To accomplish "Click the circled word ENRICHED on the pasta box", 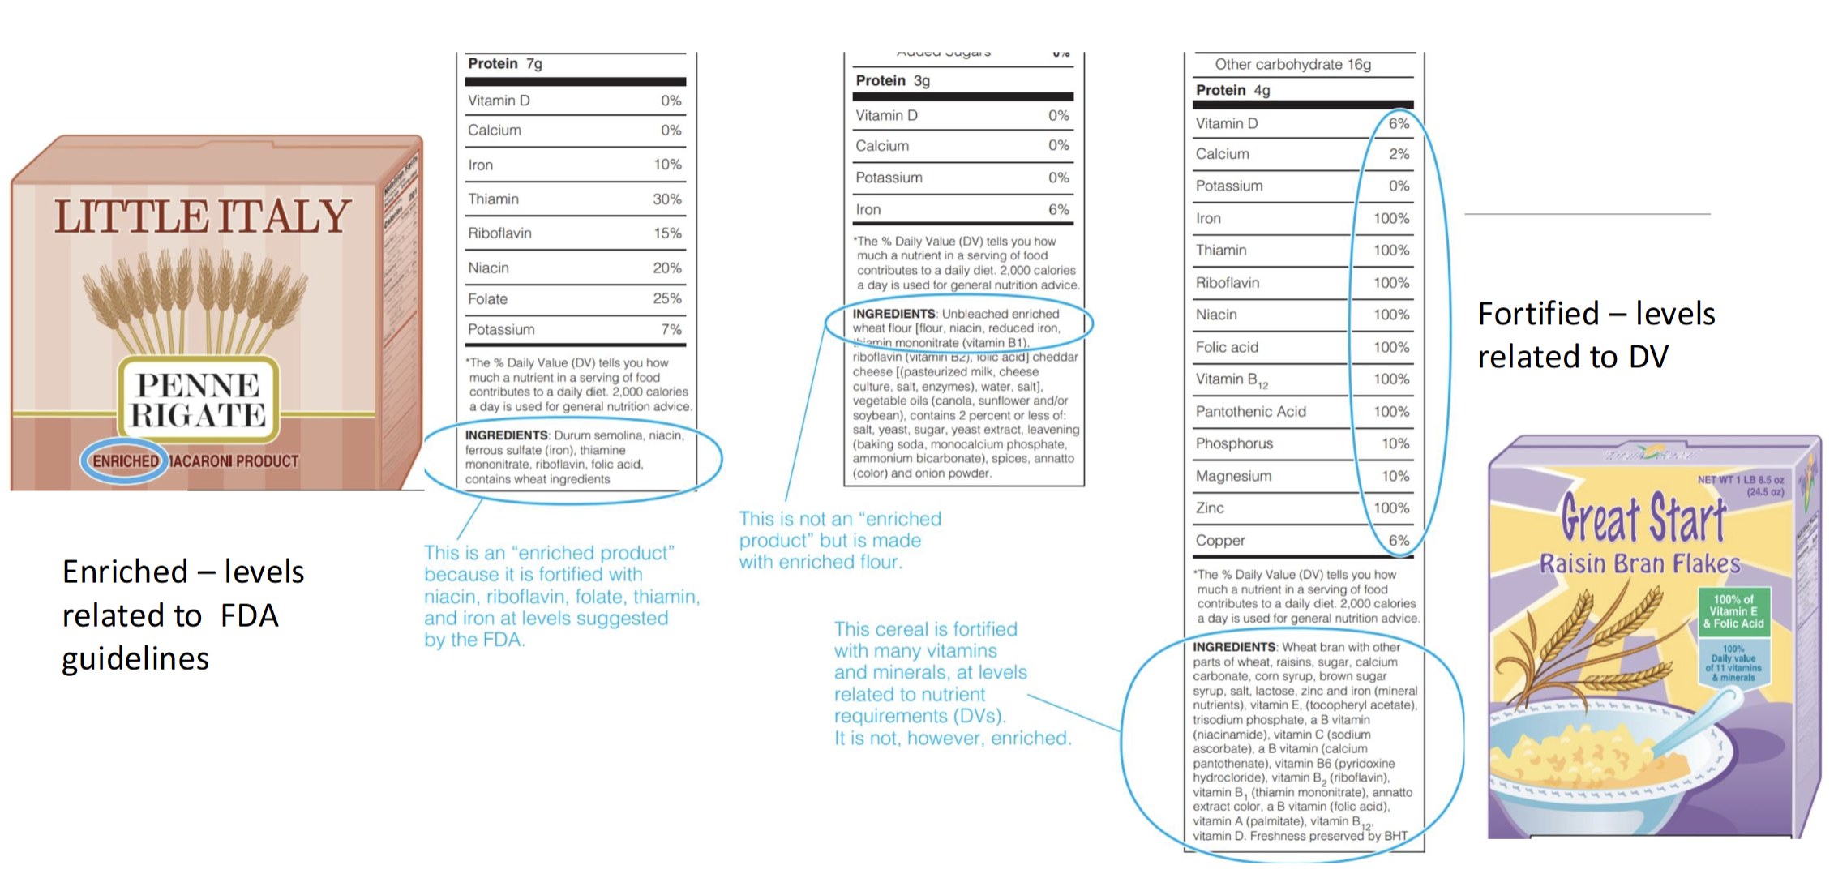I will pyautogui.click(x=125, y=461).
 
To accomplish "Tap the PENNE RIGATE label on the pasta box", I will pyautogui.click(x=198, y=400).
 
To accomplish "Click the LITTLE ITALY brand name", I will pyautogui.click(x=202, y=217).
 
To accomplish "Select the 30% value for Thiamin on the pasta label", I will pyautogui.click(x=666, y=199).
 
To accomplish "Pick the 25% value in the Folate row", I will pyautogui.click(x=666, y=299).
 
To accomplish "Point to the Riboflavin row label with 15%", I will pyautogui.click(x=499, y=233).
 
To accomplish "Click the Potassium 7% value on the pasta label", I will pyautogui.click(x=671, y=330).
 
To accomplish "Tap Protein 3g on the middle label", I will pyautogui.click(x=893, y=81).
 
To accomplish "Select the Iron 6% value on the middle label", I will pyautogui.click(x=1058, y=210).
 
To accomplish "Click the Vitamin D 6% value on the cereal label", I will pyautogui.click(x=1399, y=124).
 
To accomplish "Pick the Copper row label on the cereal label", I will pyautogui.click(x=1219, y=541).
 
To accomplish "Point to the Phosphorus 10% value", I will pyautogui.click(x=1395, y=444).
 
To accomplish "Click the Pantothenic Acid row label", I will pyautogui.click(x=1250, y=412).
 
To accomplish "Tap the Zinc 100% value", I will pyautogui.click(x=1390, y=508).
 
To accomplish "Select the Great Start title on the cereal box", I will pyautogui.click(x=1643, y=519).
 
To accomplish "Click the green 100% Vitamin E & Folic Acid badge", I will pyautogui.click(x=1733, y=612).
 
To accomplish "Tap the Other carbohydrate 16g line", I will pyautogui.click(x=1292, y=65).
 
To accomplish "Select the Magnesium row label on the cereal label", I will pyautogui.click(x=1233, y=477).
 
